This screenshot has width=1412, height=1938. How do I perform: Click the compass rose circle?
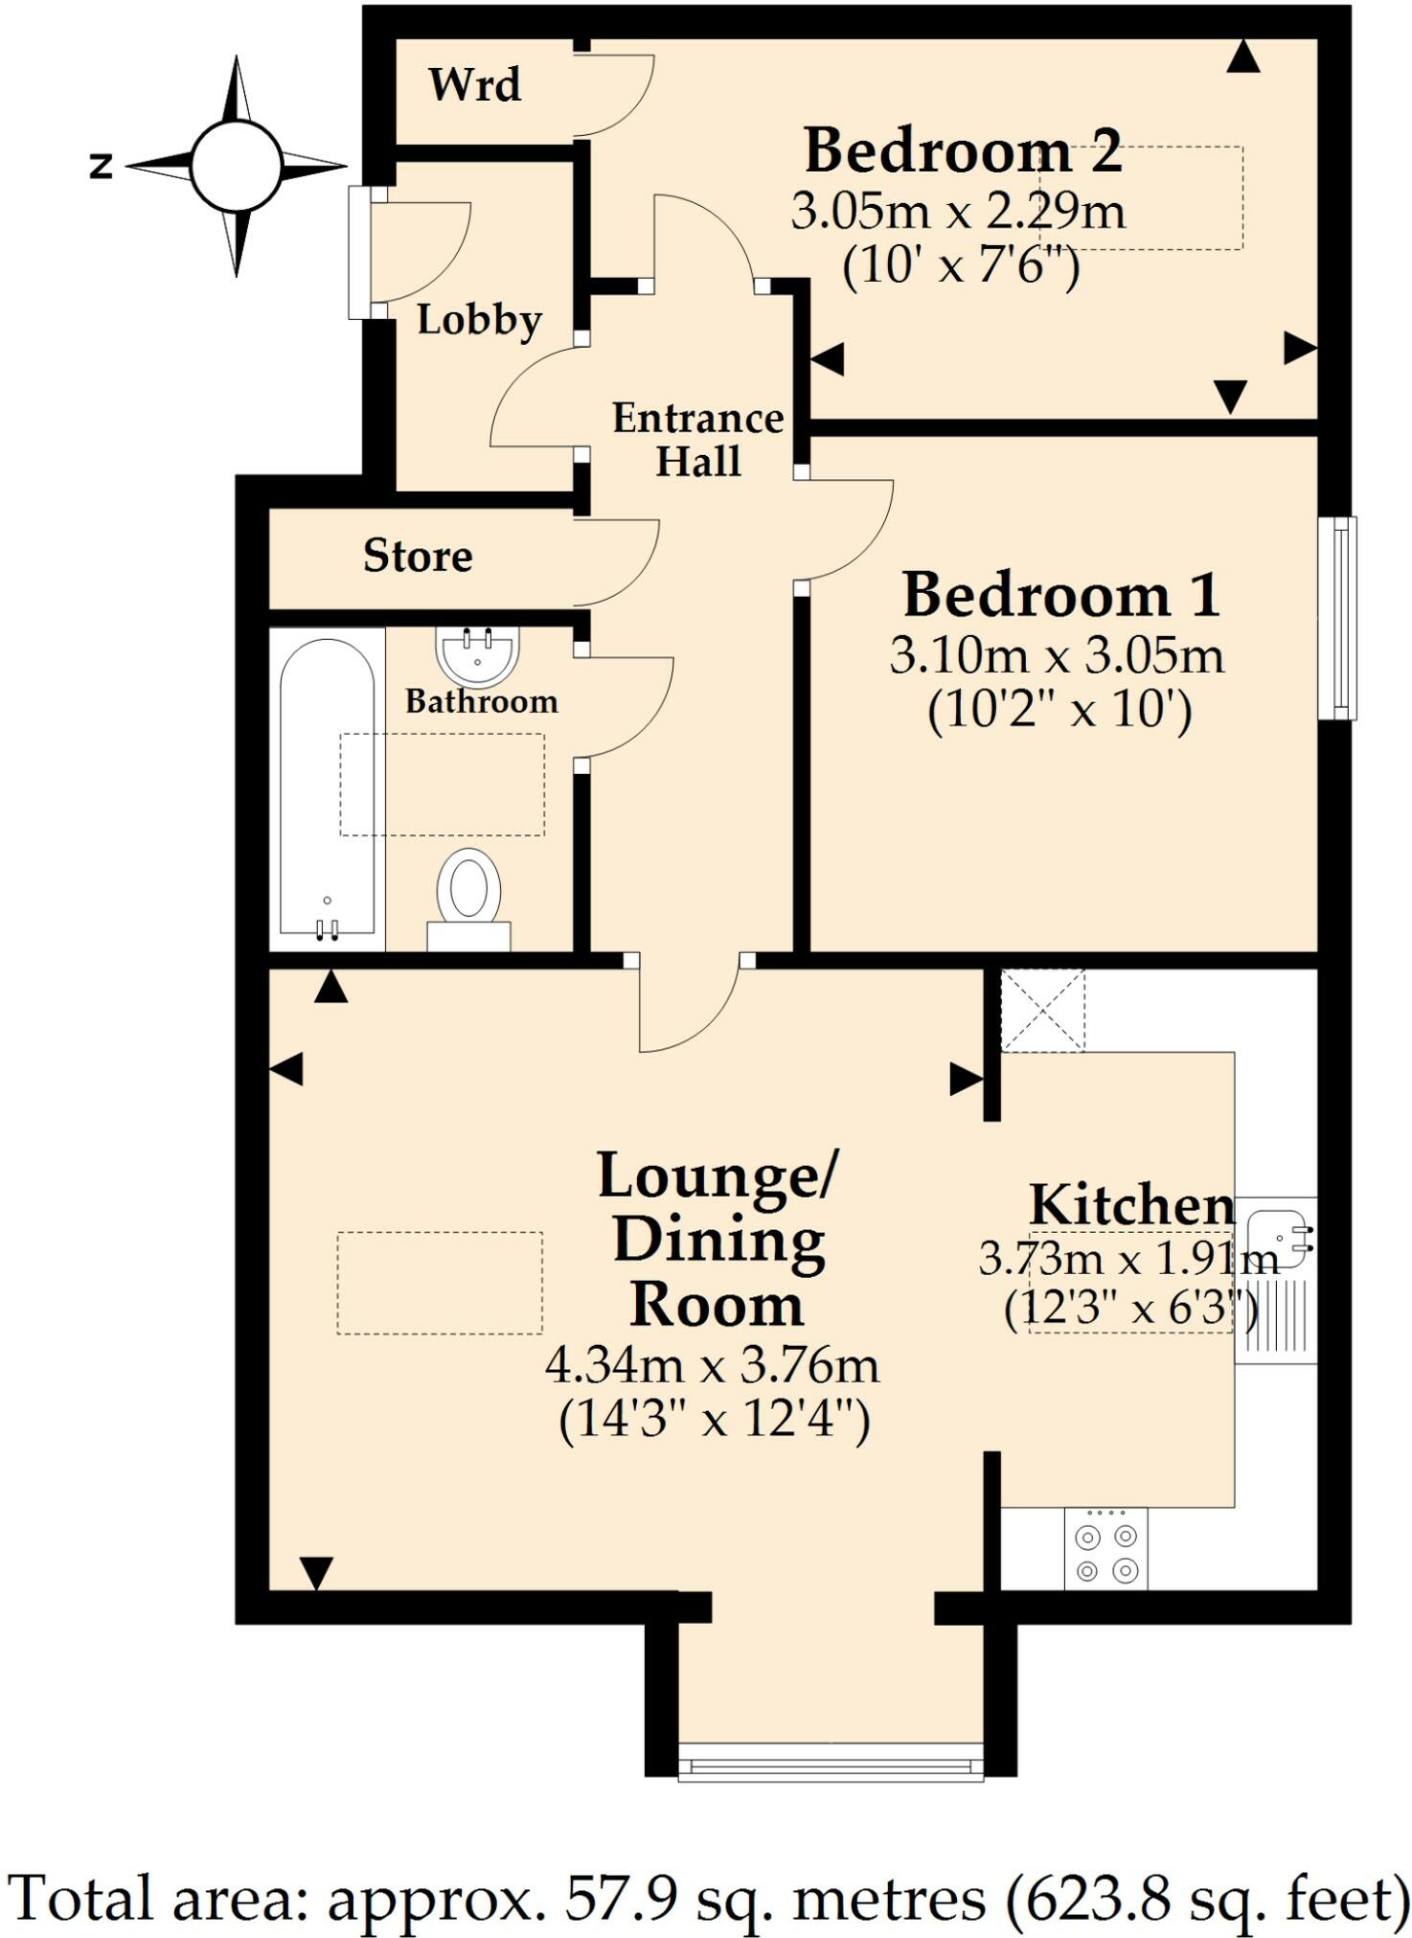[x=236, y=166]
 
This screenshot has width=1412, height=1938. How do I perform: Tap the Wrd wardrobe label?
[x=474, y=84]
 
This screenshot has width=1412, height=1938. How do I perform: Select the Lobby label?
[x=479, y=319]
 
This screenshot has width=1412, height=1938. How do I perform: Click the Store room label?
[x=418, y=556]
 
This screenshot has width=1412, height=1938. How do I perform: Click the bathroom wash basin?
[x=477, y=653]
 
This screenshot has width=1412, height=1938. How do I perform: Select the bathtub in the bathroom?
[x=327, y=787]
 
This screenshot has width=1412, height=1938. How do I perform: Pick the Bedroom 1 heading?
[x=1061, y=595]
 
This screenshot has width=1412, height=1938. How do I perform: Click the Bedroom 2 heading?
[x=963, y=150]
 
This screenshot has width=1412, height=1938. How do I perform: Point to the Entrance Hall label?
[x=697, y=440]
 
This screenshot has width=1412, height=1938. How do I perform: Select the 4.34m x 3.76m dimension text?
[x=712, y=1364]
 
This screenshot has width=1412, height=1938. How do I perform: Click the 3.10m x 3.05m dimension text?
[x=1057, y=656]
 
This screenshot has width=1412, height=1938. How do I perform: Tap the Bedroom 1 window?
[x=1337, y=618]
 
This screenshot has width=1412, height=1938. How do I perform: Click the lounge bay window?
[x=831, y=1761]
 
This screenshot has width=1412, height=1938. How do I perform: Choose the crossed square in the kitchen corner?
[x=1042, y=1011]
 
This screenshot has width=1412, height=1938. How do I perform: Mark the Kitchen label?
[x=1131, y=1204]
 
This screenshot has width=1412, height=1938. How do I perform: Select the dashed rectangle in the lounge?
[x=440, y=1283]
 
